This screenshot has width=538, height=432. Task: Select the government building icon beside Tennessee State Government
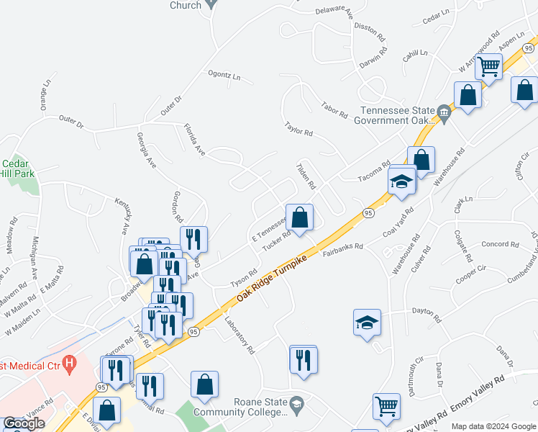[x=444, y=112]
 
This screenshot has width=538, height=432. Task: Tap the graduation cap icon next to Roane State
[x=296, y=408]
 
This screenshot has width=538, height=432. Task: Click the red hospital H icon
[x=69, y=364]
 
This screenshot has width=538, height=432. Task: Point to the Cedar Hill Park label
[x=14, y=169]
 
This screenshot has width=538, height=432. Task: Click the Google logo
[x=24, y=423]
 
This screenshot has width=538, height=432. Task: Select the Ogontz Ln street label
[x=224, y=76]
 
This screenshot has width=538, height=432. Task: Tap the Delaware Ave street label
[x=335, y=12]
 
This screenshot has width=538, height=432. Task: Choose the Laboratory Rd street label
[x=240, y=336]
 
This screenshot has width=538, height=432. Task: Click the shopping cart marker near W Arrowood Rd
[x=489, y=67]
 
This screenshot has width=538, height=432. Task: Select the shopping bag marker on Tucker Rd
[x=300, y=216]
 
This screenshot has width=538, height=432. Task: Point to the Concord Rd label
[x=500, y=244]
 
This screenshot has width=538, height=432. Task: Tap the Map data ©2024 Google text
[x=493, y=426]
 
